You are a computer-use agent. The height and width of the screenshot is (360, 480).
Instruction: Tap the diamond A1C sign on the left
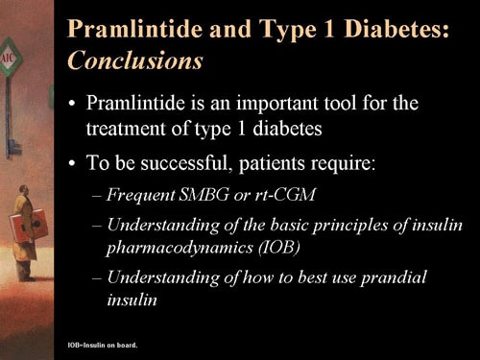pyautogui.click(x=7, y=60)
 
